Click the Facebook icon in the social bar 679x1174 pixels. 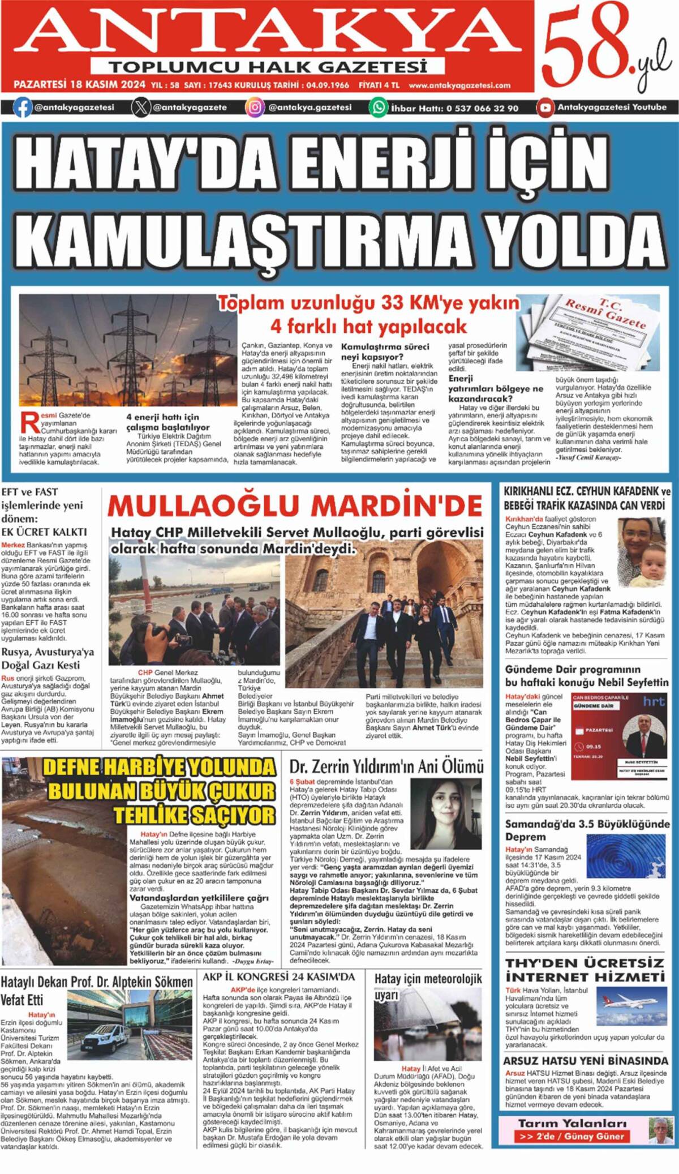click(23, 108)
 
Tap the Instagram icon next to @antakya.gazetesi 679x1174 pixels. click(255, 108)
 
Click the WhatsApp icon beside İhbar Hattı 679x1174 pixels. click(379, 108)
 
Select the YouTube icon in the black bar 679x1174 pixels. click(545, 108)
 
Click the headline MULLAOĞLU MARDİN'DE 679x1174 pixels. click(295, 505)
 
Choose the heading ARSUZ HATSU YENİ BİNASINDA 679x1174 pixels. click(585, 1061)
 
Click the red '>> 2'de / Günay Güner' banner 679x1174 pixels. click(571, 1136)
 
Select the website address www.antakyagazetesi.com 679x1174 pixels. click(459, 85)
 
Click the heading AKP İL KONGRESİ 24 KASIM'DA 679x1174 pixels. click(278, 976)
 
